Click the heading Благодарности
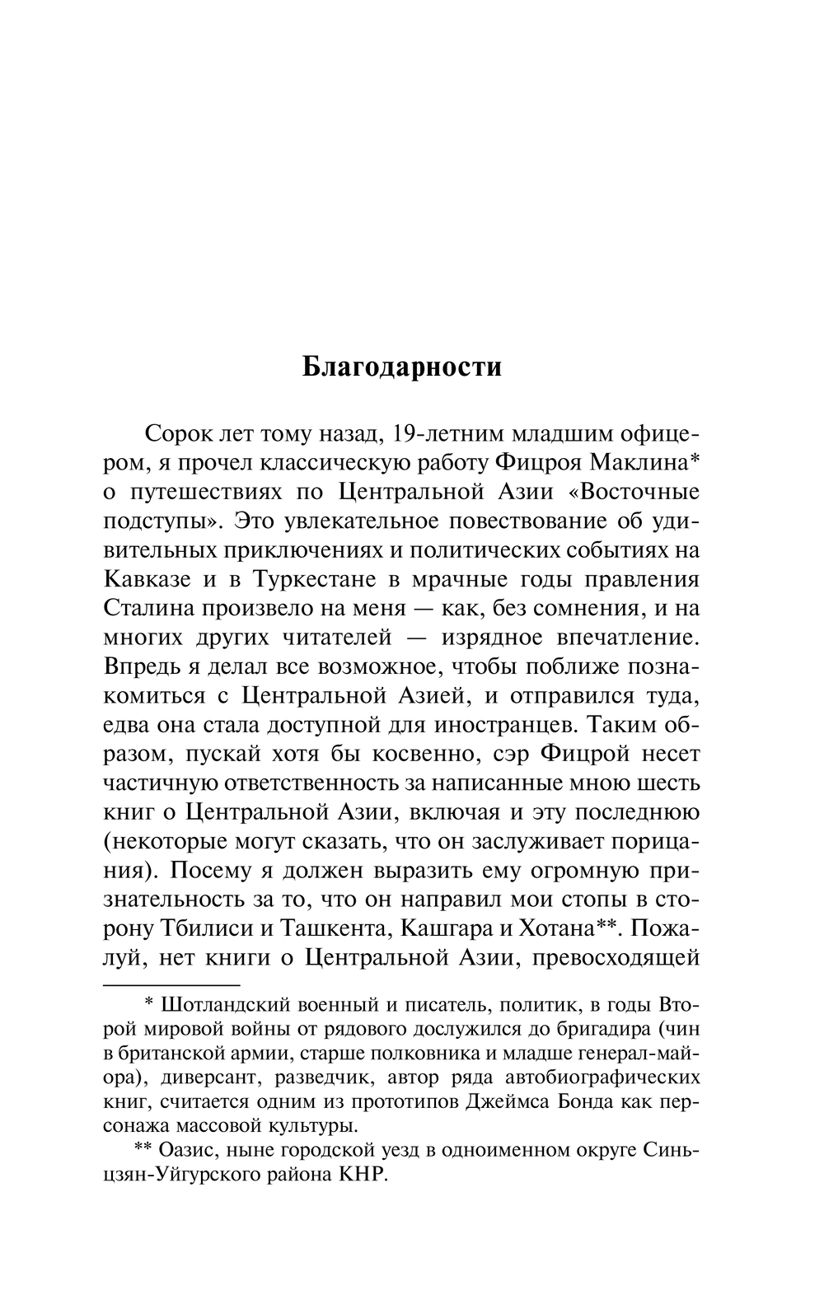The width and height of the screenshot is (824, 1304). point(401,367)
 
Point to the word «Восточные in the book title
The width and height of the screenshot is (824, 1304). point(634,492)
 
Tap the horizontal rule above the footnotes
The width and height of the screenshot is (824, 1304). point(171,984)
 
